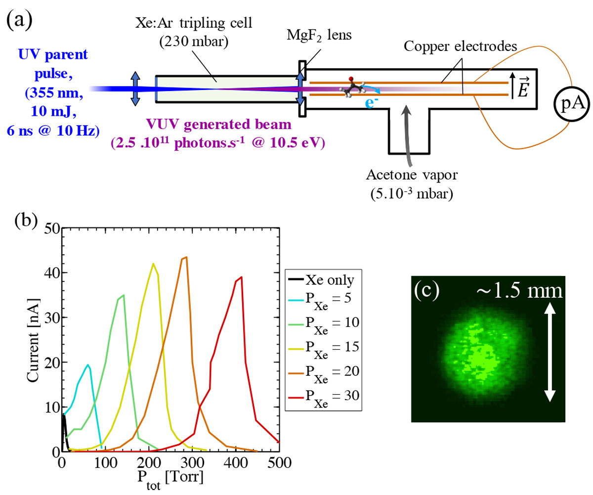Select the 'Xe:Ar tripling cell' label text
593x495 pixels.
pos(203,24)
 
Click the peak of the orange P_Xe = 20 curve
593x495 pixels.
pos(186,257)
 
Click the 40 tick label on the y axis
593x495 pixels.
pos(51,273)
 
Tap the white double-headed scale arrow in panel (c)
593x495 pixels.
pos(550,353)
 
